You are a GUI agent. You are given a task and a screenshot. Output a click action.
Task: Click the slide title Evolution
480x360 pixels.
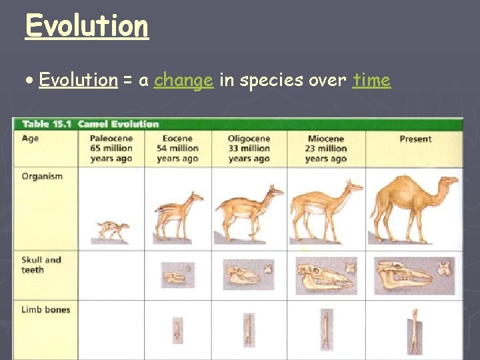point(87,26)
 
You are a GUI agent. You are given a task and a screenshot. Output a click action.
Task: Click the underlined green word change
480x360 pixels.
point(183,81)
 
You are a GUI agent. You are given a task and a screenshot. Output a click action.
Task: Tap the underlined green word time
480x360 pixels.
point(371,81)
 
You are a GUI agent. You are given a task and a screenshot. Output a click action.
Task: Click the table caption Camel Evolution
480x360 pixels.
point(118,124)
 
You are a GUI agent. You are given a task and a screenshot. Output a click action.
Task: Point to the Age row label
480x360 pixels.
point(30,139)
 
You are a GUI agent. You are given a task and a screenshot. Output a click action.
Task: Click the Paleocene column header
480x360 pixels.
point(111,148)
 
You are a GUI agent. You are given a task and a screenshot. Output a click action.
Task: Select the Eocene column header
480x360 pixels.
point(177,148)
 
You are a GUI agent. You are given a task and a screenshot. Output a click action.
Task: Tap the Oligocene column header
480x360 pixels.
point(249,148)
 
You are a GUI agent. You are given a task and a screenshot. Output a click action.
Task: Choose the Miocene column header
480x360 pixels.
point(326,148)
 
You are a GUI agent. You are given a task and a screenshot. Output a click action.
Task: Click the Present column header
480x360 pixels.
point(415,139)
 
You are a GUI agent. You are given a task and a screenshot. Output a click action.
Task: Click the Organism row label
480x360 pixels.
point(41,177)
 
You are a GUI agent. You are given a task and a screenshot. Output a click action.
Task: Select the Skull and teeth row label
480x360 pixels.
point(41,265)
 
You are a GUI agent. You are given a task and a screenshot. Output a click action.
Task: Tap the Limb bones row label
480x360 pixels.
point(45,309)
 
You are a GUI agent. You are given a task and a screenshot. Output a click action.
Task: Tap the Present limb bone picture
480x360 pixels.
point(415,331)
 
